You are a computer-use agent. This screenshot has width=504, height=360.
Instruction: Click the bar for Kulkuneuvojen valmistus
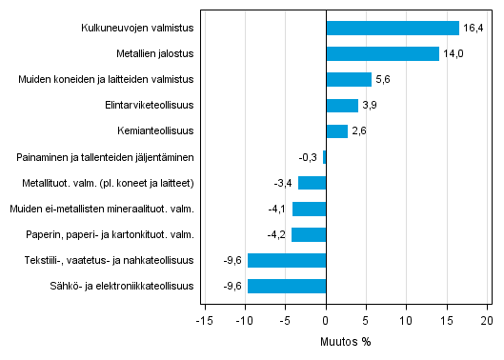coord(393,29)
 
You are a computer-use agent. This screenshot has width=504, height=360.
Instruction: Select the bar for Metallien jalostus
coord(382,54)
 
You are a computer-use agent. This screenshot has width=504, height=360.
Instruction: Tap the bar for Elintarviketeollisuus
coord(342,106)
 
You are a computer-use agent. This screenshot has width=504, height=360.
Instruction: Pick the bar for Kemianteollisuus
coord(336,131)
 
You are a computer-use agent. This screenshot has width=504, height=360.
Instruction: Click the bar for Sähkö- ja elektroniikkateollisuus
coord(287,286)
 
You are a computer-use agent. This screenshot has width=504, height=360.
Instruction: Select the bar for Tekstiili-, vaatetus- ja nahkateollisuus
coord(287,260)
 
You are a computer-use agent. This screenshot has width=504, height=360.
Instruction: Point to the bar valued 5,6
coord(349,80)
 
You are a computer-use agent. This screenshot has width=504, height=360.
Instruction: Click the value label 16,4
coord(473,29)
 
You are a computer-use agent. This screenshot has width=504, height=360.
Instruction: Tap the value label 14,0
coord(453,54)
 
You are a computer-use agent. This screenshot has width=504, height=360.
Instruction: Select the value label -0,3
coord(309,157)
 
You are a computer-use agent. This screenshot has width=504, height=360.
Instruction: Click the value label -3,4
coord(284,183)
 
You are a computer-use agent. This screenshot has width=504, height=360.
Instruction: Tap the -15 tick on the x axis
coord(204,321)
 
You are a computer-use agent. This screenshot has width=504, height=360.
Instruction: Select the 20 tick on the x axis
coord(487,321)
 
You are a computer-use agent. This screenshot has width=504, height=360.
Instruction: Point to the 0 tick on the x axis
coord(326,321)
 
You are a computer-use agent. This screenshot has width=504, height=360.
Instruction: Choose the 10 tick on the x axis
coord(406,321)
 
